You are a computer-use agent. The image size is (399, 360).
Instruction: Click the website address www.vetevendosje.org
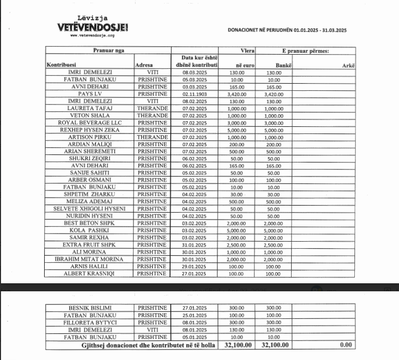(92, 36)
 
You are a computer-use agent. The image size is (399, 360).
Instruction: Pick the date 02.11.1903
(195, 94)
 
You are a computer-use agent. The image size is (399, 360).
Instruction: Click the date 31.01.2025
(195, 244)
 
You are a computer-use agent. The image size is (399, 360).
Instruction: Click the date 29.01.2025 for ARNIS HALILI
(195, 266)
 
